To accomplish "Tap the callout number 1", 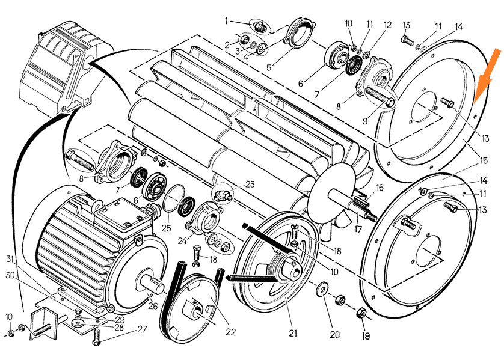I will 226,21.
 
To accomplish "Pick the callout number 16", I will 379,188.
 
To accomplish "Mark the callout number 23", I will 250,185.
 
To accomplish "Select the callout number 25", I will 167,228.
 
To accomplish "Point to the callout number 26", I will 153,307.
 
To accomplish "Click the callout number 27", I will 141,329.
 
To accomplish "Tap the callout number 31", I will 11,260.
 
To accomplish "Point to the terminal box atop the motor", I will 121,213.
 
